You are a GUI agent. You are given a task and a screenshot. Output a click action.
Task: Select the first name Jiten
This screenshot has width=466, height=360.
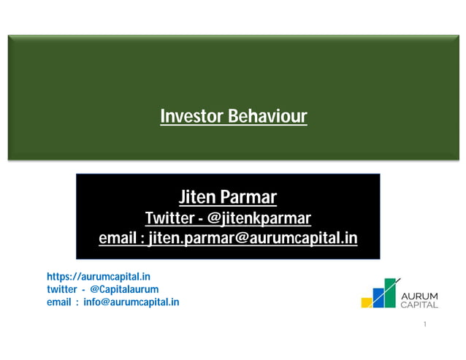coord(197,197)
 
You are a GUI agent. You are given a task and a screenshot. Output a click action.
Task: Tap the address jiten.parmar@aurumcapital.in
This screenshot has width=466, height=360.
coord(253,238)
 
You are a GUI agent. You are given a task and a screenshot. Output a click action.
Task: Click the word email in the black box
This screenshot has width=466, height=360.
coord(117,238)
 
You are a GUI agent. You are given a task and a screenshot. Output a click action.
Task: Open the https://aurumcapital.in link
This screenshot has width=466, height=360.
coord(99,277)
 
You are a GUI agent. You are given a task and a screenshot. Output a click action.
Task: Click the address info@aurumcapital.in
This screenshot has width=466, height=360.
coord(131,302)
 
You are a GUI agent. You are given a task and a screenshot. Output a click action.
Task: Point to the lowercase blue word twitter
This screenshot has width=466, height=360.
coord(62,289)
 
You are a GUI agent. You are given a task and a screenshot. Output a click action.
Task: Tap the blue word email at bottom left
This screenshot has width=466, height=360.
coord(59,302)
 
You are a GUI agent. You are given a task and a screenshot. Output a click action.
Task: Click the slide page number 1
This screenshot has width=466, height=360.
coord(424,323)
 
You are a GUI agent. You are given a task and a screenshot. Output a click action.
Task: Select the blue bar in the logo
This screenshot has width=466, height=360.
coord(378,299)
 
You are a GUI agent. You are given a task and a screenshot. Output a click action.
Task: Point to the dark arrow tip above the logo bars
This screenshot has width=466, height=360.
coord(398,280)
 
